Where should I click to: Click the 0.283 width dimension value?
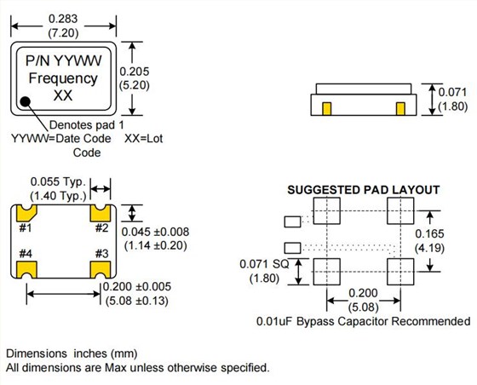point(66,17)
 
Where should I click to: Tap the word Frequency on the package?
point(63,78)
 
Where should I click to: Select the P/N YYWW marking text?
point(63,60)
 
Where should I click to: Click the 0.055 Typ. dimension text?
point(59,181)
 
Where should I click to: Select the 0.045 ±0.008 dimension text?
point(156,232)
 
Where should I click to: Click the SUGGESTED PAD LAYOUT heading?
point(364,189)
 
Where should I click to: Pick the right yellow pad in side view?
point(400,108)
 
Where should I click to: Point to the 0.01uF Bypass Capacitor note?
point(363,321)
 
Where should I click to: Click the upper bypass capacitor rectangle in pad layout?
point(292,221)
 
